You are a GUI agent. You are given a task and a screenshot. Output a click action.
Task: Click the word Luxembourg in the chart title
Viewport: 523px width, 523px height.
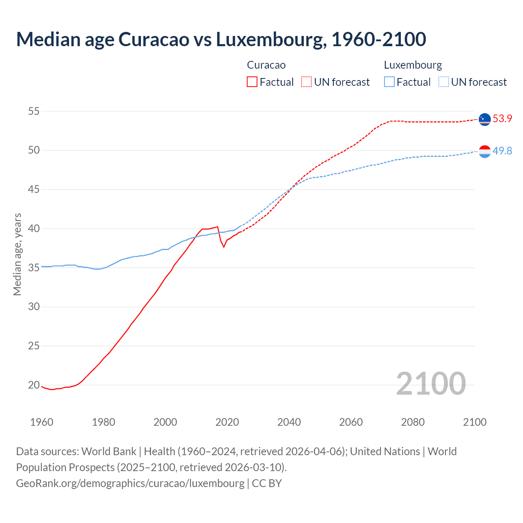[271, 40]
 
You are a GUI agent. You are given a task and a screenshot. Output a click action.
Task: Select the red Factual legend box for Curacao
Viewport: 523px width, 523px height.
[252, 82]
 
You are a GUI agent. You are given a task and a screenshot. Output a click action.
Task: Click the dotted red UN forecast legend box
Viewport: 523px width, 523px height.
[306, 82]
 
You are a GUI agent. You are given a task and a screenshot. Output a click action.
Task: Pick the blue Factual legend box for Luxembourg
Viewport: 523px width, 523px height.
[389, 82]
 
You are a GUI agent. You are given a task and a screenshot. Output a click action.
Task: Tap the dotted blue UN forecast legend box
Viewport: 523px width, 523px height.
[443, 82]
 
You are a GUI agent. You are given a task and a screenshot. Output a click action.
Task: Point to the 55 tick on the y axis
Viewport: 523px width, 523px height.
[34, 111]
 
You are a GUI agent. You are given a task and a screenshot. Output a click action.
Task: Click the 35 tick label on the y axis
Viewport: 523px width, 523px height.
[34, 268]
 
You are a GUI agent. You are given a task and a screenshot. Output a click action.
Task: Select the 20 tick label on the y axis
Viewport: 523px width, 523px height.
[34, 385]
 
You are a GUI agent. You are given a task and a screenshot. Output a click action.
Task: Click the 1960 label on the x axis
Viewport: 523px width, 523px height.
[42, 422]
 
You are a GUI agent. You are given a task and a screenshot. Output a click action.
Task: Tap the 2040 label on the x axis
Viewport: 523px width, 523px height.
[289, 422]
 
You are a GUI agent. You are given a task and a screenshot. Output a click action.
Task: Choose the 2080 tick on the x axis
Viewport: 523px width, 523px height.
[413, 422]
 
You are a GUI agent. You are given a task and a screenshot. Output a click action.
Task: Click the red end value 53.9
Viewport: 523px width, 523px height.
[502, 119]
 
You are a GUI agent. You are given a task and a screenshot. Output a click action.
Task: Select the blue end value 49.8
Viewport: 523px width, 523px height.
[502, 151]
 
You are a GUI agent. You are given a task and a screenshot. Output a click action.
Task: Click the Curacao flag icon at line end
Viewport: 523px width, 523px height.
[485, 119]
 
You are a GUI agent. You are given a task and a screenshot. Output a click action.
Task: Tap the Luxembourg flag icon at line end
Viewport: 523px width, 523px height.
[485, 152]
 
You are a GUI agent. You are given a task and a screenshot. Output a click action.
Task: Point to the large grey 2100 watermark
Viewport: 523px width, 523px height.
[431, 384]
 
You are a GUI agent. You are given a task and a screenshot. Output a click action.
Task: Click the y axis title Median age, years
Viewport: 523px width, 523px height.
[17, 254]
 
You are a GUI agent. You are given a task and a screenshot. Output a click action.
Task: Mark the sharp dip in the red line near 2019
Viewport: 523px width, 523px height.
[224, 246]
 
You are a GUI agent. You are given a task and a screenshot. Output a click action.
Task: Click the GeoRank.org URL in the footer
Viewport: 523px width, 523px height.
[130, 483]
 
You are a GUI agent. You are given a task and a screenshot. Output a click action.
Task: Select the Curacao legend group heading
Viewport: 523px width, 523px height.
[266, 65]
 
